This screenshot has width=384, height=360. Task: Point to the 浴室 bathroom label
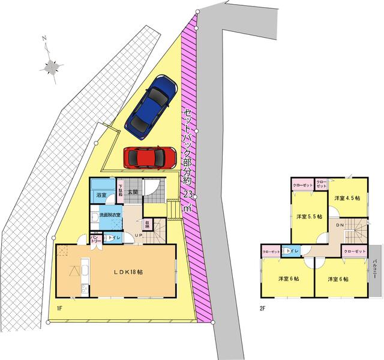point(100,195)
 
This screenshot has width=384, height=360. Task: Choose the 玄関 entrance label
point(133,192)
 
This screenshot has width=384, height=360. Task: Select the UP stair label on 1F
point(138,236)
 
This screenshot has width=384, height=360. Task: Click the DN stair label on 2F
point(339,225)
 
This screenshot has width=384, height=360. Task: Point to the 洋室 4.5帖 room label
point(347,198)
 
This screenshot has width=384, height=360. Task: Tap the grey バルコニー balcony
point(375,270)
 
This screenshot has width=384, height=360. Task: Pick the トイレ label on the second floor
point(292,250)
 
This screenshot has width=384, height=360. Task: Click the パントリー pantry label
point(94,239)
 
